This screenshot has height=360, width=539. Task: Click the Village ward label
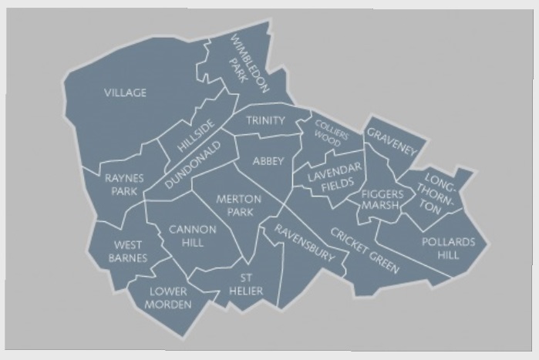coord(125,93)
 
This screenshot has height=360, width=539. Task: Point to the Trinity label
coord(266,120)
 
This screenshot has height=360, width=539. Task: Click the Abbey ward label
coord(268,160)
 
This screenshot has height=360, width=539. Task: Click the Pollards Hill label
coord(448,247)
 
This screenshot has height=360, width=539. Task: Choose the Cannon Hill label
coord(187,235)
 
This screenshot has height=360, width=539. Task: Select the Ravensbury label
coord(304,241)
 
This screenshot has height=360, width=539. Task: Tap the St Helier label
coord(246,284)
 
